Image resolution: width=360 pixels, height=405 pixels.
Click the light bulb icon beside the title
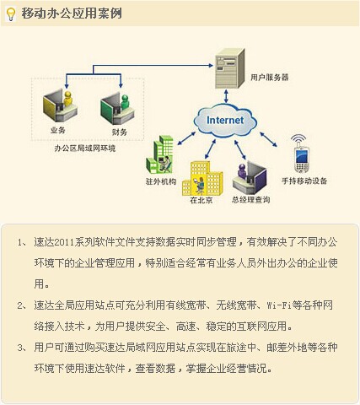pos(11,14)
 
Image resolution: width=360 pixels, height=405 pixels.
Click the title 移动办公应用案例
pos(72,13)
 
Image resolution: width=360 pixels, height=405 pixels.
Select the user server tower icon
pos(229,68)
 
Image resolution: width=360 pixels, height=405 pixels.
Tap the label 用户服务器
pos(270,78)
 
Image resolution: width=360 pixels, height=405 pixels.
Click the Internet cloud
pos(225,121)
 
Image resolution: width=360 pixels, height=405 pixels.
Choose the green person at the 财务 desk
pos(125,103)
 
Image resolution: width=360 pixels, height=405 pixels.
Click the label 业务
pos(58,130)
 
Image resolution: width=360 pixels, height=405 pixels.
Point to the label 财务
pos(120,132)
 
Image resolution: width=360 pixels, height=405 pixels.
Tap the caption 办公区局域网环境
pos(85,148)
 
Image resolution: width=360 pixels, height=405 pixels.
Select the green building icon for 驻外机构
pos(159,154)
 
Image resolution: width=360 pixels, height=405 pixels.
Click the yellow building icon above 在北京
pos(202,178)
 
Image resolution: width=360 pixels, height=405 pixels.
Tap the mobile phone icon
pos(302,159)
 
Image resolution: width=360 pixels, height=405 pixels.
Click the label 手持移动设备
pos(304,181)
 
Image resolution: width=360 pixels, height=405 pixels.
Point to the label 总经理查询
pos(251,200)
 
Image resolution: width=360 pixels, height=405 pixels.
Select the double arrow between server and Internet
pos(226,96)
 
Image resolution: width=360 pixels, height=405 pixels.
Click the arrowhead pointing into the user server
pos(211,65)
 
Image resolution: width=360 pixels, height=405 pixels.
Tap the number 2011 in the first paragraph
pos(64,242)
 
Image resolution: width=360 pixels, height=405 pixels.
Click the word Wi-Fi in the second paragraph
pos(279,305)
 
